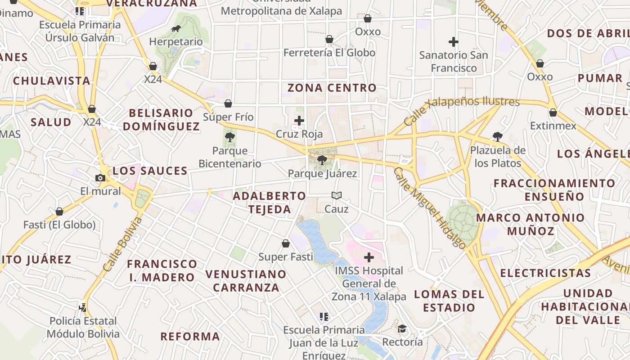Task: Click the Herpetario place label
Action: (176, 42)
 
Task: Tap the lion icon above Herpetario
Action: (176, 29)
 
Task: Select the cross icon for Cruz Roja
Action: (299, 121)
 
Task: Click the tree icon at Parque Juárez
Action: (322, 160)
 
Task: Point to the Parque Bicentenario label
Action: (230, 157)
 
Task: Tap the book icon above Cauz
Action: (337, 195)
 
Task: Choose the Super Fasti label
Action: (285, 257)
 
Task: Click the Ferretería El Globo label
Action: (329, 53)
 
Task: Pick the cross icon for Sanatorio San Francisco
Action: (454, 42)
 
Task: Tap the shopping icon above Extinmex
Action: (553, 112)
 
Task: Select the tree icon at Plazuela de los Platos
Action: (497, 136)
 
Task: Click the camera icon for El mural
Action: (100, 178)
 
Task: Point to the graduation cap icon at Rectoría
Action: (402, 329)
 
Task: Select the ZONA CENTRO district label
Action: (332, 88)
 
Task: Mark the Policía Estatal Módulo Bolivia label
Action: (83, 328)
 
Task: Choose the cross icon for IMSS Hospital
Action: (369, 257)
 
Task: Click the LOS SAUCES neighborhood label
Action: (150, 171)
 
